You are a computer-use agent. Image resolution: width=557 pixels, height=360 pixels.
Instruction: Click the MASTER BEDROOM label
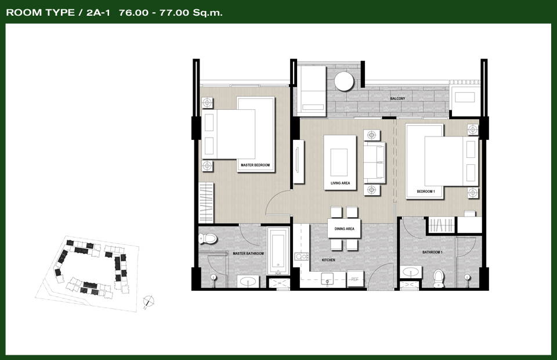[x=255, y=165]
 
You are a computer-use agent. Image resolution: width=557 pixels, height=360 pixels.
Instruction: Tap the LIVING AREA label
[x=341, y=183]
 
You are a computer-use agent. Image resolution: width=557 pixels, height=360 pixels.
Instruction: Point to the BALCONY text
[x=397, y=99]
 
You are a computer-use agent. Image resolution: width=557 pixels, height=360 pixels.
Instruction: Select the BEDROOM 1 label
[x=425, y=192]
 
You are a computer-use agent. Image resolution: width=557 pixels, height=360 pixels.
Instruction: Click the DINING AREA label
[x=344, y=229]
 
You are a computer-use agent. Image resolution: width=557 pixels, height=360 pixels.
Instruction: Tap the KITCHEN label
[x=328, y=260]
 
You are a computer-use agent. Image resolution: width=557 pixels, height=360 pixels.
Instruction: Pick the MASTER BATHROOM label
[x=248, y=254]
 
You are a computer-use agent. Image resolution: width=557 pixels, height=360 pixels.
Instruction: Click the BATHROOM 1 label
[x=432, y=253]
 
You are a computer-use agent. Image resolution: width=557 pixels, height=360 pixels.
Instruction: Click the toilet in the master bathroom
[x=208, y=239]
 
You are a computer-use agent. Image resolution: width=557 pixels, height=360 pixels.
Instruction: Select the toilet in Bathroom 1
[x=439, y=279]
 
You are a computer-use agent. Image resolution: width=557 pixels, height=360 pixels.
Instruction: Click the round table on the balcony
[x=344, y=81]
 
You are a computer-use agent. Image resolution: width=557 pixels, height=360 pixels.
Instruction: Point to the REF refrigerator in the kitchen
[x=355, y=279]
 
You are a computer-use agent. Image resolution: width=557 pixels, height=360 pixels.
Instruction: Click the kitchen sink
[x=327, y=278]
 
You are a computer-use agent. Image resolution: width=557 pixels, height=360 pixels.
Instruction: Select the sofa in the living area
[x=374, y=163]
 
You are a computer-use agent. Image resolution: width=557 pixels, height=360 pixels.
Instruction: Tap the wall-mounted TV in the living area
[x=298, y=161]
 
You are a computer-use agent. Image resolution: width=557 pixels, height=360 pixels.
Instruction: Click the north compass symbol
[x=149, y=301]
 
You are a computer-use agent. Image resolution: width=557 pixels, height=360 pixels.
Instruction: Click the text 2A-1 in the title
[x=98, y=13]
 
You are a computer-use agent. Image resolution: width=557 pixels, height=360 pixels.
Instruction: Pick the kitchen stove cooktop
[x=301, y=256]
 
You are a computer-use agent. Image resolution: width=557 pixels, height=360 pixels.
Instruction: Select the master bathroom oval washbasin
[x=248, y=282]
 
